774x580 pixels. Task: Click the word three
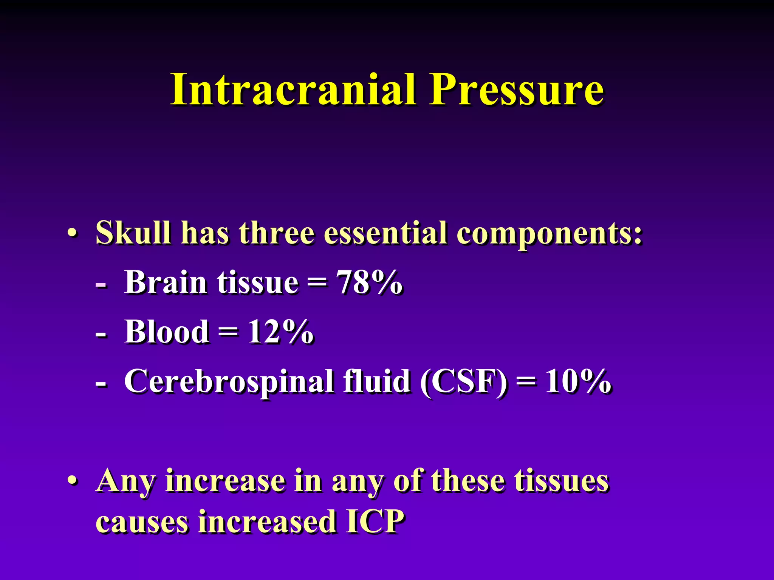click(x=276, y=233)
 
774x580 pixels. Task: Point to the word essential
click(x=385, y=233)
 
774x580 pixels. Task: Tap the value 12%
click(x=280, y=331)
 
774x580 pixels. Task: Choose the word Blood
click(x=166, y=331)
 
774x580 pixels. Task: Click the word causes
click(x=142, y=522)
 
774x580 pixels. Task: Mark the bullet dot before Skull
click(x=73, y=233)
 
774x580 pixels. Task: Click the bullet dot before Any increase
click(x=73, y=481)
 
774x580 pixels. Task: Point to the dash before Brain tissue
click(x=101, y=284)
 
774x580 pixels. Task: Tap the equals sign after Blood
click(x=228, y=332)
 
